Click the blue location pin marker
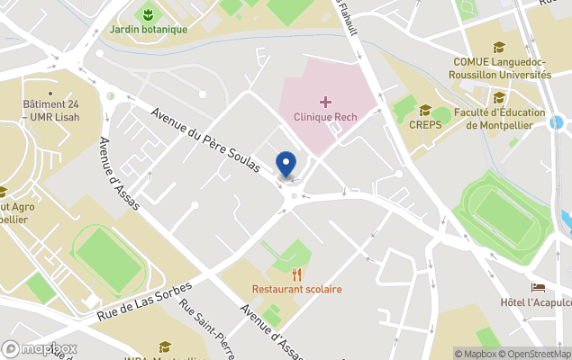[286, 165]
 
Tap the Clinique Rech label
[324, 117]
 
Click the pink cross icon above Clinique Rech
[324, 102]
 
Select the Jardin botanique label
[149, 29]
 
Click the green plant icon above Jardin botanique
[145, 13]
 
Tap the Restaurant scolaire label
[296, 289]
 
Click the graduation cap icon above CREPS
[424, 110]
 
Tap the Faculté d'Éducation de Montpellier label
[500, 119]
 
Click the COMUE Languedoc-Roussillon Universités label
[502, 68]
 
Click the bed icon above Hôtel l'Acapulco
[538, 287]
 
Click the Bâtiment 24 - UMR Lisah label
[50, 110]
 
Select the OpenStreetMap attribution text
[535, 354]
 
